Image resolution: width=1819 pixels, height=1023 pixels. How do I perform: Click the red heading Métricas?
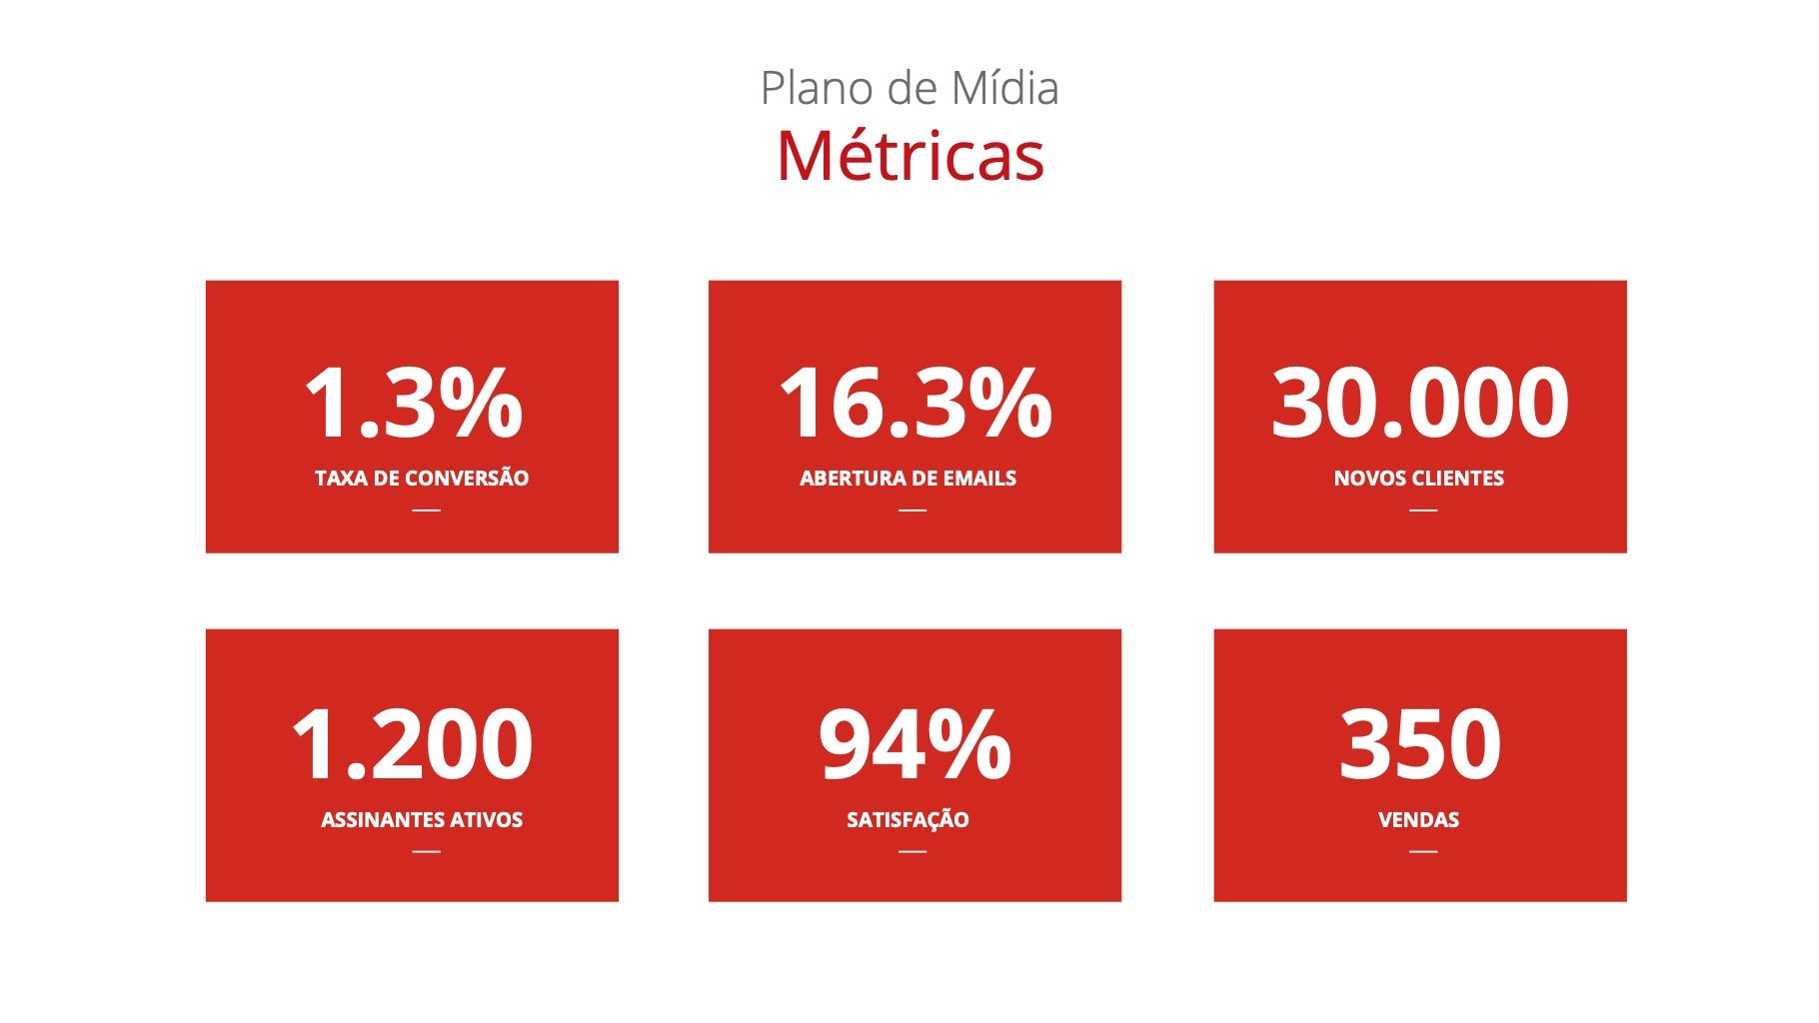[910, 156]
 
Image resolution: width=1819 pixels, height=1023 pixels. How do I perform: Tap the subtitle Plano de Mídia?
[909, 88]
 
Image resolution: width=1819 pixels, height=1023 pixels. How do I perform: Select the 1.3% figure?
[413, 403]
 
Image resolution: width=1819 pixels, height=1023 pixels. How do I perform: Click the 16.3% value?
[914, 403]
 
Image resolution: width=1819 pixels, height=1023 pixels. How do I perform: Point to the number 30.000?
[1419, 403]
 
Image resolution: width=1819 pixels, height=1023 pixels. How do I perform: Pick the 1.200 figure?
[412, 744]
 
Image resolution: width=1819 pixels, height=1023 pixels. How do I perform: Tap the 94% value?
[914, 744]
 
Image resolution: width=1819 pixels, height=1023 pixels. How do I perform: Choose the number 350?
[1419, 744]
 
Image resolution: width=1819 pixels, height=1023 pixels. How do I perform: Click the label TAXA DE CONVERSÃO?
[422, 478]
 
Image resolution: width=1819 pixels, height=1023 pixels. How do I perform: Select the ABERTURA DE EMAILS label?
[908, 479]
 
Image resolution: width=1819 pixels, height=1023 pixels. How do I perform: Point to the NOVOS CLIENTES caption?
[1419, 479]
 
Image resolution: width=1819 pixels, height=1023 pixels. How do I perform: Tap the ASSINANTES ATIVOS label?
[422, 820]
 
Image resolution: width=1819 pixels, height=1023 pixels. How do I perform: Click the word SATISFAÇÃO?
[908, 820]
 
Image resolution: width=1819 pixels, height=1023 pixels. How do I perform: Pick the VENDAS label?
[1418, 820]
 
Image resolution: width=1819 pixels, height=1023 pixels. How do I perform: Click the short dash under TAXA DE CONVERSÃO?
[426, 510]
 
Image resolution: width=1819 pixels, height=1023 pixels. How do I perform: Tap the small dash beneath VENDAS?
[1423, 851]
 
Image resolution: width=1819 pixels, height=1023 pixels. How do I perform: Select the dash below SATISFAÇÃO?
[912, 851]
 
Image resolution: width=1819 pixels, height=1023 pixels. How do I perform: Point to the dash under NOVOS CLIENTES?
[1423, 510]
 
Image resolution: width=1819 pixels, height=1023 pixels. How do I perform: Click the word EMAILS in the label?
[979, 479]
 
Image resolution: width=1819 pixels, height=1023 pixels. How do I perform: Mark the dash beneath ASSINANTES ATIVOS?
[426, 851]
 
